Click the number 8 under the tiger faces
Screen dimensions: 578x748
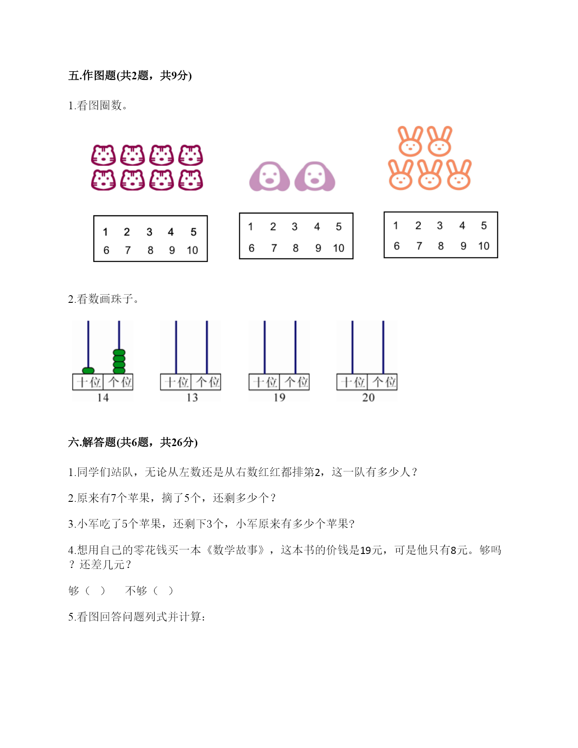click(x=151, y=250)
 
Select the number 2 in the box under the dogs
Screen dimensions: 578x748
click(x=273, y=227)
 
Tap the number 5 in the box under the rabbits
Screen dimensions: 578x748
click(x=484, y=225)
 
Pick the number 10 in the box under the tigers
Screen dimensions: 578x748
click(x=192, y=250)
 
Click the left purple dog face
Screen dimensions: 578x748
click(x=270, y=176)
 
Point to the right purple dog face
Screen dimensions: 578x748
click(x=315, y=176)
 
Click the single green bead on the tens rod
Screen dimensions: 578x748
click(x=88, y=370)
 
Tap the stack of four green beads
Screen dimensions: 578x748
click(x=119, y=361)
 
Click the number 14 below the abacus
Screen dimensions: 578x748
click(x=103, y=398)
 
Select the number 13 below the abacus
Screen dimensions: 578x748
click(x=192, y=398)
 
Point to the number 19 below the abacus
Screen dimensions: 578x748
click(x=279, y=398)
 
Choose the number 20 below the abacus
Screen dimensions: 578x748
click(x=368, y=398)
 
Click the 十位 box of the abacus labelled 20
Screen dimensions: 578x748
click(x=352, y=382)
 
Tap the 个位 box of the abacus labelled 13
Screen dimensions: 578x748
click(x=206, y=382)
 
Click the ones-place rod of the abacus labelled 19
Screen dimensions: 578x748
click(x=296, y=347)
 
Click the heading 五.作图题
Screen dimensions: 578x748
click(x=92, y=75)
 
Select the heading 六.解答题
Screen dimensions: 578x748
click(x=92, y=442)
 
